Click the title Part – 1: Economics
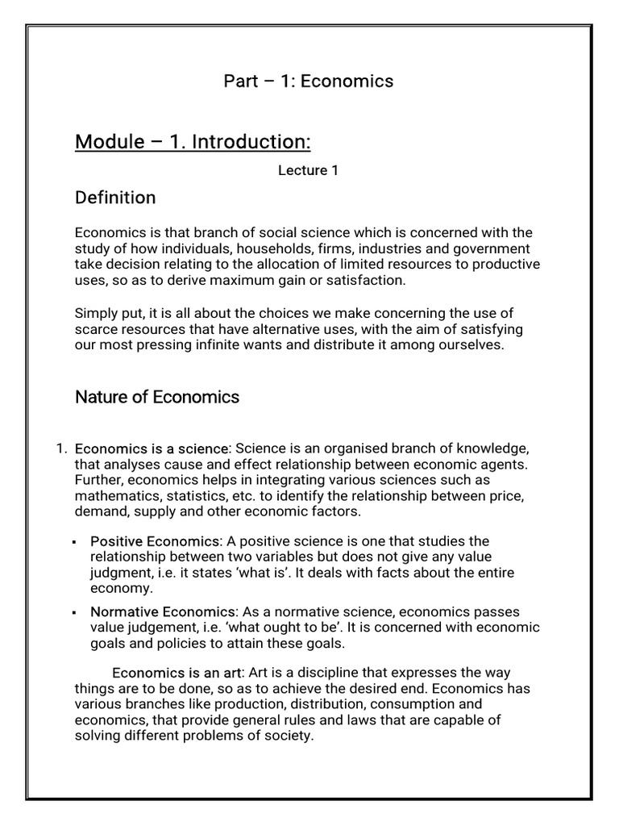pos(308,81)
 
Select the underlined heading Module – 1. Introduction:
pos(193,143)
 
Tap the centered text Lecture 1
pos(303,171)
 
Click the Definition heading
pos(115,198)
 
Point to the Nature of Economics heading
pos(157,397)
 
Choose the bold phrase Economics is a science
pos(152,448)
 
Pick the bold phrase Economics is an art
pos(177,673)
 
